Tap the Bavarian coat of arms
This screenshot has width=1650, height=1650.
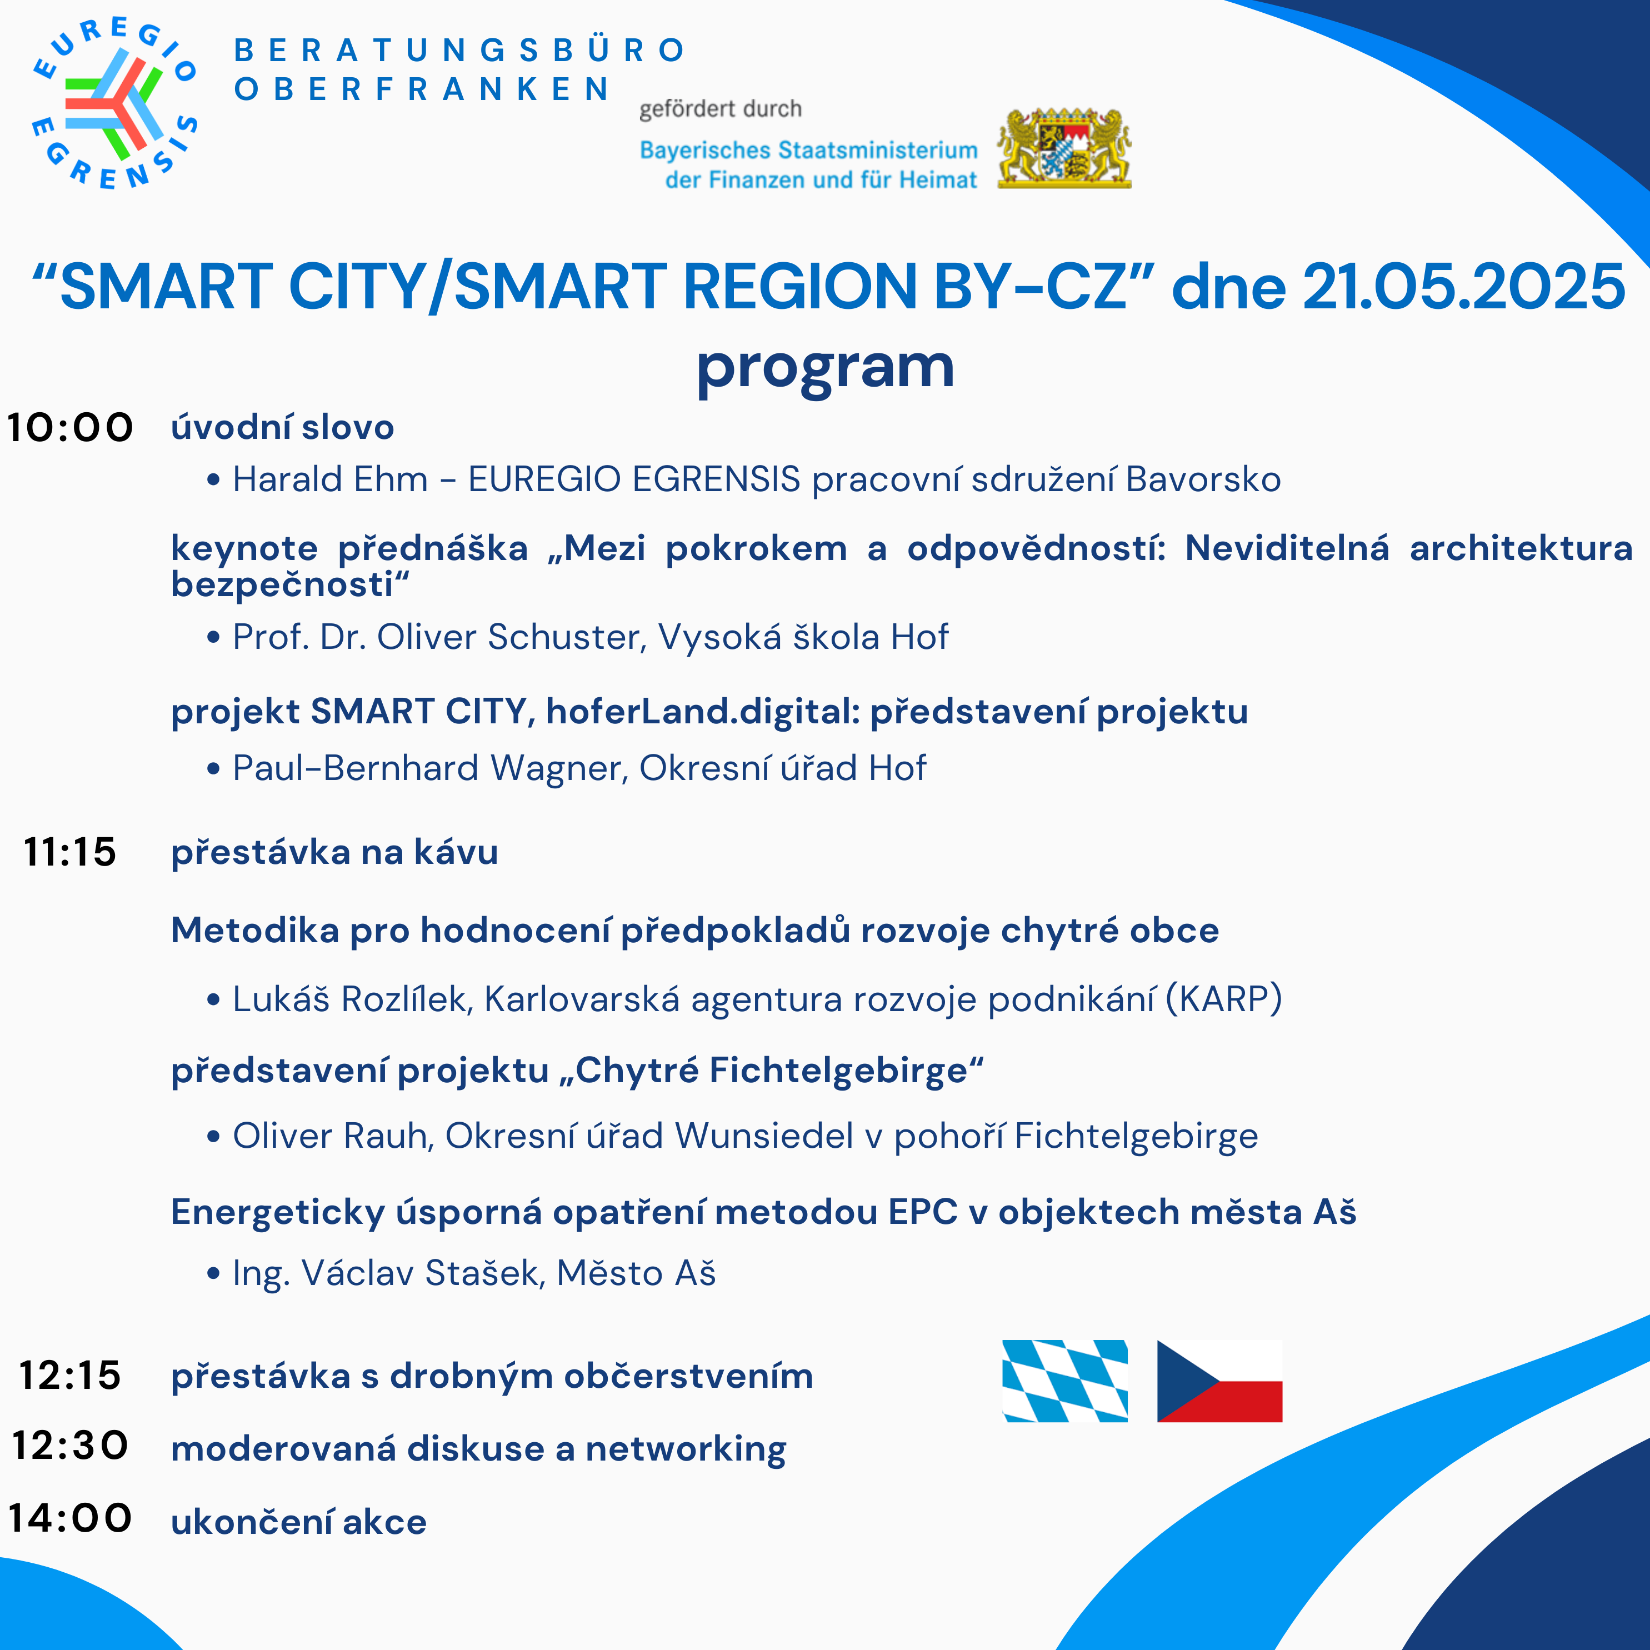[1064, 148]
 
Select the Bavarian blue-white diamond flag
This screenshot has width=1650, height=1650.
[1065, 1381]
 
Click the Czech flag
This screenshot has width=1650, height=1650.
[1219, 1381]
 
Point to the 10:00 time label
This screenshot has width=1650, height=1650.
[70, 427]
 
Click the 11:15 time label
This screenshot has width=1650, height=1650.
[70, 852]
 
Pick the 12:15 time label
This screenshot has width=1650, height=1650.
[70, 1375]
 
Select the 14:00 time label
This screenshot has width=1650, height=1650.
[70, 1518]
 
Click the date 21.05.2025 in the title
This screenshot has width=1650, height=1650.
[1464, 286]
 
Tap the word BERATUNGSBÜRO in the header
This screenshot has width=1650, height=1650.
[459, 51]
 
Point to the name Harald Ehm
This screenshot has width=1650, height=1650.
[331, 479]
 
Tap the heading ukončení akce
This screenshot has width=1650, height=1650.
[299, 1522]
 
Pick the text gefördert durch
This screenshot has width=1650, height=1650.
[721, 109]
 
